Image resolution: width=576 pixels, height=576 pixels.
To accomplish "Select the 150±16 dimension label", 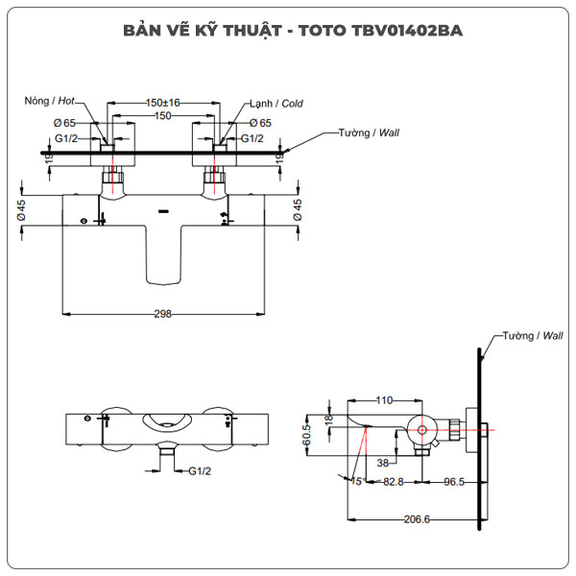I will (163, 103).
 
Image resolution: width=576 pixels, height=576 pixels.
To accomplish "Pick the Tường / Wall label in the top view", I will (369, 132).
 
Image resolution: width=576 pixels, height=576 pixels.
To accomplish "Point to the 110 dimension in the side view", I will (384, 400).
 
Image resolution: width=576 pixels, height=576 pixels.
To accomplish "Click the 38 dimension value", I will (383, 462).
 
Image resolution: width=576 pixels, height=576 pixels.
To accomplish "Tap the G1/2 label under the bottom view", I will (199, 471).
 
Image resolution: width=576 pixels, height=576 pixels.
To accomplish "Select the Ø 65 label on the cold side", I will (259, 123).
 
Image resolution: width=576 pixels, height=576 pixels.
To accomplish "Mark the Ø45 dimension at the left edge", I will (21, 210).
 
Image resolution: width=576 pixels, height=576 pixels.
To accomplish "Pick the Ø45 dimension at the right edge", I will (298, 210).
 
